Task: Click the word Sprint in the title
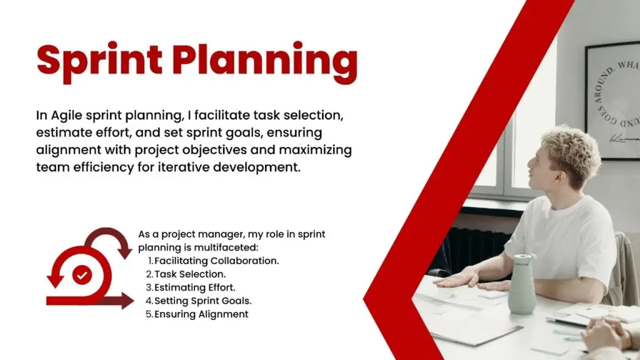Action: [x=99, y=61]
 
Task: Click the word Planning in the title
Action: [x=264, y=62]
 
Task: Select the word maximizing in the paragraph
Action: [x=315, y=150]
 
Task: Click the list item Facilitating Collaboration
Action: [x=217, y=261]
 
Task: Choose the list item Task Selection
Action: [x=190, y=274]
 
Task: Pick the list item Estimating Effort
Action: [x=195, y=287]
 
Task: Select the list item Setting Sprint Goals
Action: [x=203, y=301]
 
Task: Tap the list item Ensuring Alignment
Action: [x=201, y=314]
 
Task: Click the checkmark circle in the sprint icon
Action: [x=82, y=275]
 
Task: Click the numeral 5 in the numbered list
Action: [x=149, y=314]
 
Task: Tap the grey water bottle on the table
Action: [x=522, y=284]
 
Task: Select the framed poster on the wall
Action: [x=612, y=100]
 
